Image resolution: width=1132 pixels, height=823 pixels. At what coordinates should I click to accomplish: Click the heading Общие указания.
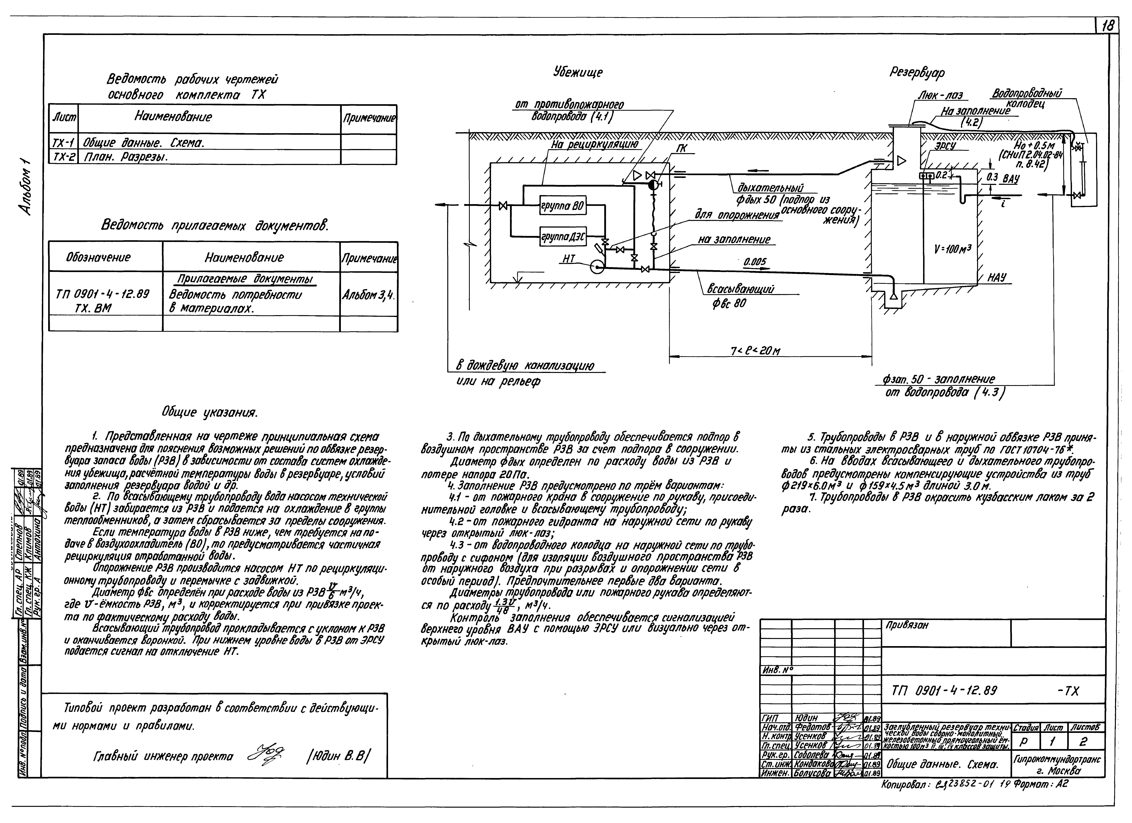tap(209, 413)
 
